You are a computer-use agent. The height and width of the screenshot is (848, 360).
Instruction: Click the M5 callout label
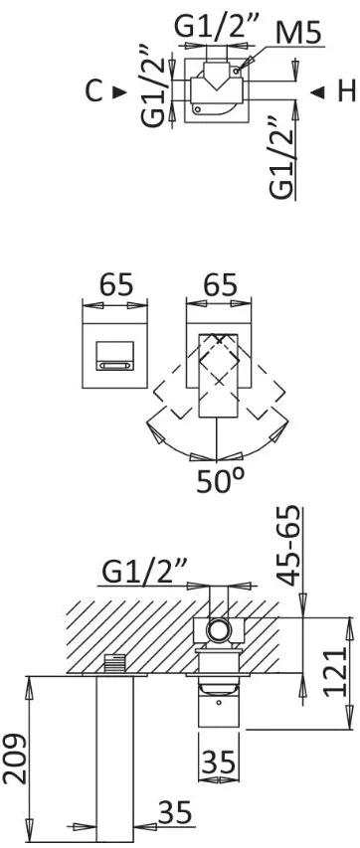[x=297, y=34]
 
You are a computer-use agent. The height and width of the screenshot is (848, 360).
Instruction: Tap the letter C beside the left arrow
[x=94, y=91]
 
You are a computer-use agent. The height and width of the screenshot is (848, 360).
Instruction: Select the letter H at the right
[x=346, y=91]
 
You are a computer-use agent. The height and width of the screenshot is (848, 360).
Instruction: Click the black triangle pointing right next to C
[x=119, y=92]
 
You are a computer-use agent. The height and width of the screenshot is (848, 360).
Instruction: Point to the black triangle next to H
[x=318, y=93]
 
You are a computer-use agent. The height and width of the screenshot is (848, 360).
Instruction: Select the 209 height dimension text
[x=15, y=759]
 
